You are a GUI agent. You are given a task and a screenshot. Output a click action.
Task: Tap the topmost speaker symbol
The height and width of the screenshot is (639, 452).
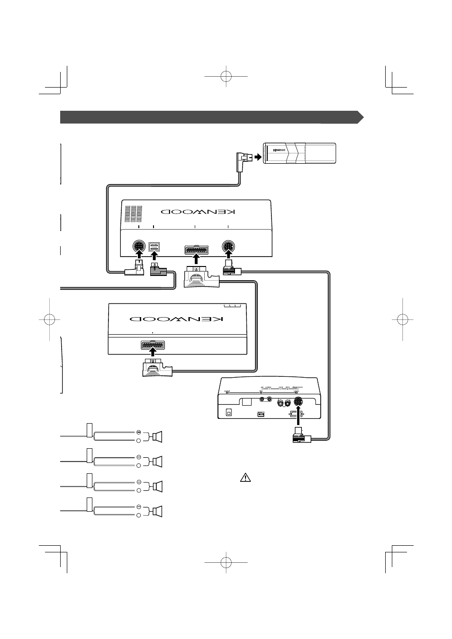point(157,436)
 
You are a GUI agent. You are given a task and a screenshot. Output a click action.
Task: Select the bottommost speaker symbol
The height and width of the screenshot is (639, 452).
point(157,511)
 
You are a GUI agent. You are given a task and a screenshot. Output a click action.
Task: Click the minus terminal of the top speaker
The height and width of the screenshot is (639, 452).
point(139,432)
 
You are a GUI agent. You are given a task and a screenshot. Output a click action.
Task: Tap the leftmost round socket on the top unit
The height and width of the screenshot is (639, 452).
point(138,247)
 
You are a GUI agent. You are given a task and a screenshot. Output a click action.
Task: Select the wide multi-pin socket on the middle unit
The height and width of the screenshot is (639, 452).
point(153,346)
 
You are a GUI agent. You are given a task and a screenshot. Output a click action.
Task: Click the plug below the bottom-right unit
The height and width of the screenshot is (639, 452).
point(299,436)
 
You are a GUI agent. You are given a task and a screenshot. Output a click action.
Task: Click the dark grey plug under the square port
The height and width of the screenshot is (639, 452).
point(157,271)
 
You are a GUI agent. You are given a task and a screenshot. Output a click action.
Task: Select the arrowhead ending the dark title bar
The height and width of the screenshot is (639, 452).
point(361,117)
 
